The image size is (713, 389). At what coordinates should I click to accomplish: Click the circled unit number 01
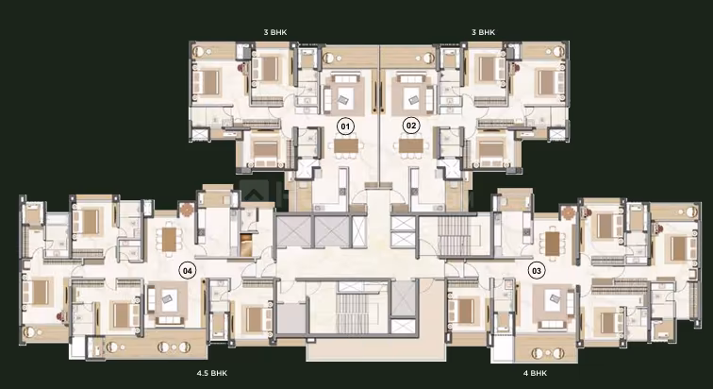[x=345, y=126]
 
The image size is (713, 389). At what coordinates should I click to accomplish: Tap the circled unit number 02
[x=411, y=126]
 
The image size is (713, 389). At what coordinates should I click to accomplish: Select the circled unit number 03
[x=537, y=271]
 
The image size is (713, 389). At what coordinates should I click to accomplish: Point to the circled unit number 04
[x=188, y=271]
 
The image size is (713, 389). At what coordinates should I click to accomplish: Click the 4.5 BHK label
[x=212, y=373]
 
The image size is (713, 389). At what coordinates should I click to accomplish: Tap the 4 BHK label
[x=535, y=373]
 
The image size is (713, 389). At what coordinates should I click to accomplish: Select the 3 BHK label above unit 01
[x=275, y=32]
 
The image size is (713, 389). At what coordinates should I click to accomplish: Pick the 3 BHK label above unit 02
[x=484, y=32]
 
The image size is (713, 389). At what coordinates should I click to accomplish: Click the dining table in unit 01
[x=346, y=145]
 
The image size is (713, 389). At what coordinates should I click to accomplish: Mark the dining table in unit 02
[x=411, y=145]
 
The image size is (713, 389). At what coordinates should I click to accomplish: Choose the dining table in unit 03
[x=553, y=244]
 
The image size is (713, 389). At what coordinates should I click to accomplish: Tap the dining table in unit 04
[x=169, y=239]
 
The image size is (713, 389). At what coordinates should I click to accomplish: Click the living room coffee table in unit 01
[x=345, y=96]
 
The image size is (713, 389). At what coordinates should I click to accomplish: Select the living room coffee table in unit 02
[x=412, y=96]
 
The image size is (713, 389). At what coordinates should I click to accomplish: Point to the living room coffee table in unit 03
[x=553, y=299]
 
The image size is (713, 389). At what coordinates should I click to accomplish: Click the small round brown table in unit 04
[x=187, y=210]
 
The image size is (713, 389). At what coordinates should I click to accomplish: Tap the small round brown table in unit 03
[x=569, y=212]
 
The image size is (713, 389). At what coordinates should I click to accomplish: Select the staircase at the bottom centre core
[x=353, y=313]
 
